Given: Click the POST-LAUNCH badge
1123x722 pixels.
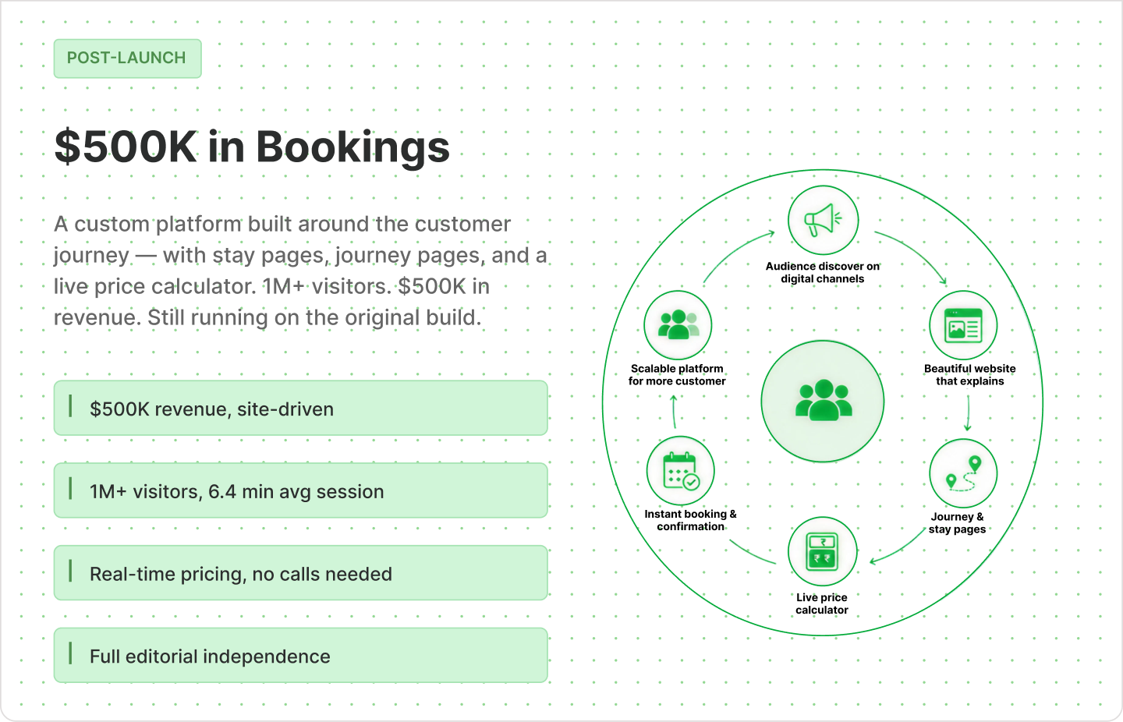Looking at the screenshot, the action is (127, 58).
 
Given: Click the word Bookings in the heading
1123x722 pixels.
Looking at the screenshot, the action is (353, 148).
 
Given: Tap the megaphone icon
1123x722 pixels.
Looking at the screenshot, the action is (823, 220).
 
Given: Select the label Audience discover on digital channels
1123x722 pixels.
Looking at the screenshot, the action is (822, 272).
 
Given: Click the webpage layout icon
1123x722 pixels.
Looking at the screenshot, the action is (963, 325).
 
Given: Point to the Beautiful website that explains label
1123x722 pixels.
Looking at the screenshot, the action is (969, 374).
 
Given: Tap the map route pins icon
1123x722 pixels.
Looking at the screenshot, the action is (963, 473).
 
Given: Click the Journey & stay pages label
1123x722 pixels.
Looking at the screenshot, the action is (957, 523).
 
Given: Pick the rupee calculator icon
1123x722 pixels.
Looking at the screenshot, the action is (822, 551).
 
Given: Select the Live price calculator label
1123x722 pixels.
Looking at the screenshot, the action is (822, 603).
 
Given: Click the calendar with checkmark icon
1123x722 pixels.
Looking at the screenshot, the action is (681, 471).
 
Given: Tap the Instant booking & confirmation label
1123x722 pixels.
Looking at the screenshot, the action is (690, 520).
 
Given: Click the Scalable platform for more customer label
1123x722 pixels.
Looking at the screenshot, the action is (677, 374).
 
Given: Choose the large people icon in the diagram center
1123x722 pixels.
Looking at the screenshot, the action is (823, 400).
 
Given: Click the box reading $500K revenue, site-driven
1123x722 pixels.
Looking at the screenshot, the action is (301, 408).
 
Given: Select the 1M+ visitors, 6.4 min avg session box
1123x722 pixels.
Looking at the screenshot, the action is (301, 490).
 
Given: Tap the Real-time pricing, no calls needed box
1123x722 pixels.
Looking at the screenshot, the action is (301, 572).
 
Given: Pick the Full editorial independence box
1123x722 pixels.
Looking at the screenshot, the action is (301, 655).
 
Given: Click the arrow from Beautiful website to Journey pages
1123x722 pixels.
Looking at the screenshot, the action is (968, 413).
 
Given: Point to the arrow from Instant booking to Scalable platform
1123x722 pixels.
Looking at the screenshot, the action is (674, 412).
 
